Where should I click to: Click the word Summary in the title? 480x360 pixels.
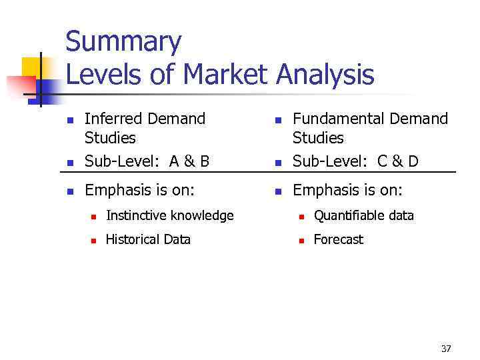pyautogui.click(x=123, y=43)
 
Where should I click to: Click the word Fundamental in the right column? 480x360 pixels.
pyautogui.click(x=338, y=119)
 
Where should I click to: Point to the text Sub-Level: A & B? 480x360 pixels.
pyautogui.click(x=147, y=161)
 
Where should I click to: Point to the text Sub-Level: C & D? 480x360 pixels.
pyautogui.click(x=355, y=161)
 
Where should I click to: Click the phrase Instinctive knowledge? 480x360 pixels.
pyautogui.click(x=169, y=215)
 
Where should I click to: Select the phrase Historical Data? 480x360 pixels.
pyautogui.click(x=148, y=239)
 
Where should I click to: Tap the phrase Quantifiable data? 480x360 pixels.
pyautogui.click(x=363, y=215)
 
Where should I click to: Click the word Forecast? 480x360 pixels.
pyautogui.click(x=339, y=239)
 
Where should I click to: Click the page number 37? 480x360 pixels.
pyautogui.click(x=446, y=349)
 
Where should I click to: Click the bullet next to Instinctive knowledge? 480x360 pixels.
pyautogui.click(x=94, y=217)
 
